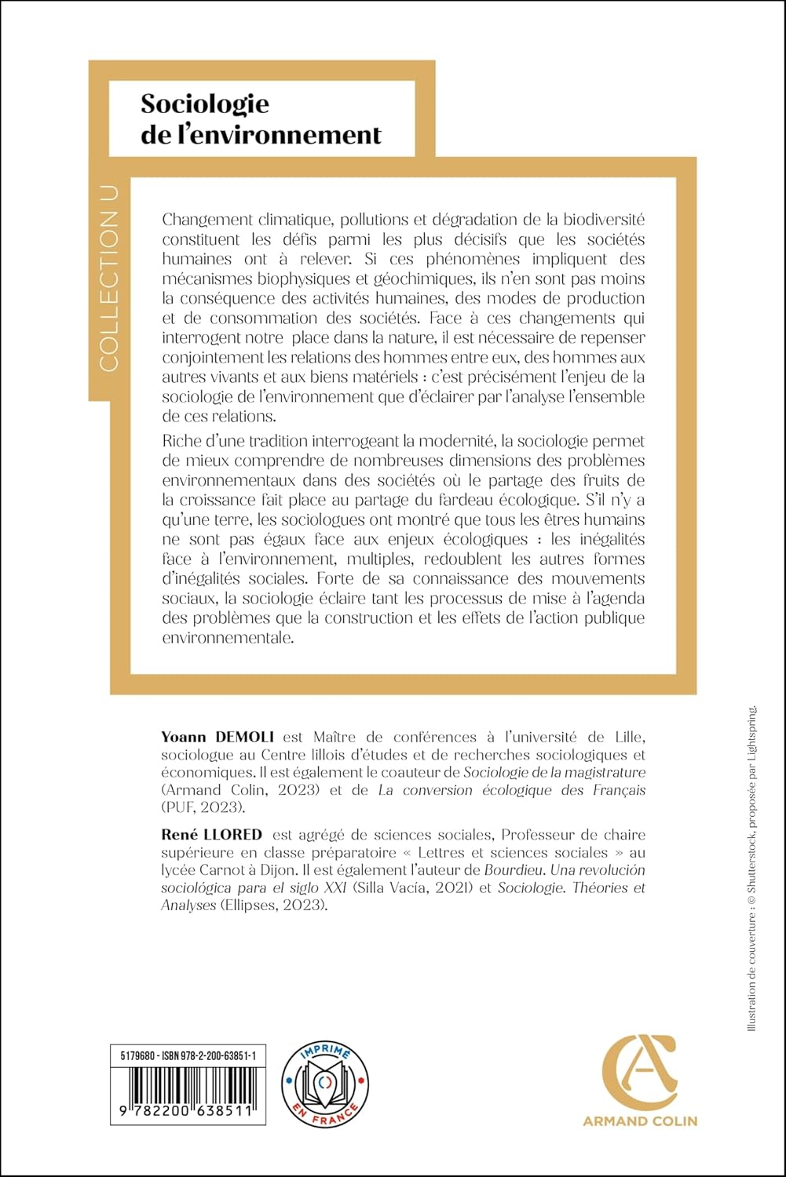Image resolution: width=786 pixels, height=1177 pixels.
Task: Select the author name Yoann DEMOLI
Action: coord(218,737)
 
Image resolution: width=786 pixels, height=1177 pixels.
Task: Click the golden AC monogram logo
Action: coord(639,1070)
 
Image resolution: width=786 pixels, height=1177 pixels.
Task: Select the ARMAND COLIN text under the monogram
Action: coord(639,1121)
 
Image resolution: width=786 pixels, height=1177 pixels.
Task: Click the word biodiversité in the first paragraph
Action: coord(600,220)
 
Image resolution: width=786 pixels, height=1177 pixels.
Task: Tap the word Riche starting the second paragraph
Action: coord(181,441)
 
